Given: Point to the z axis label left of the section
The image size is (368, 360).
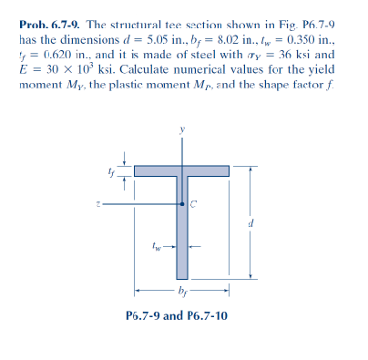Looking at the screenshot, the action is click(107, 204).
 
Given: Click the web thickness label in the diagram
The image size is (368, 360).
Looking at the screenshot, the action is click(158, 245).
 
